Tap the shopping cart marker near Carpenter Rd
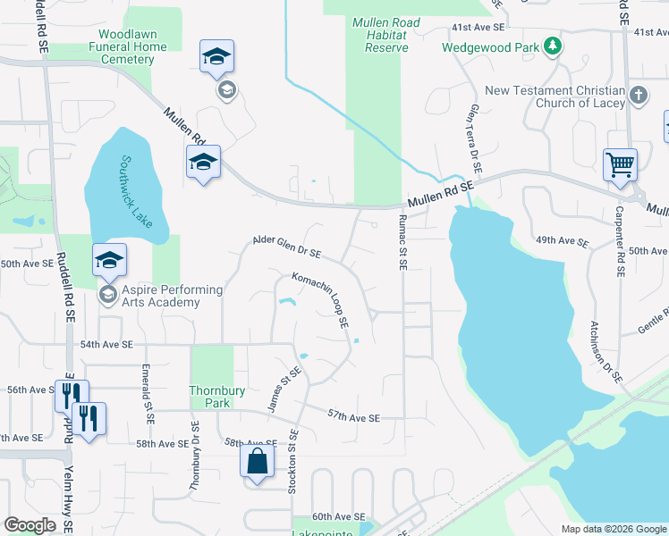tap(620, 165)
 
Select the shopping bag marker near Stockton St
tap(257, 462)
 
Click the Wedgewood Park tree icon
tap(554, 46)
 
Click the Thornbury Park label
tap(210, 397)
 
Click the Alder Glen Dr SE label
tap(287, 246)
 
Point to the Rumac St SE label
tap(403, 242)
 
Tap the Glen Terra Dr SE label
tap(473, 138)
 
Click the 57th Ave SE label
tap(354, 417)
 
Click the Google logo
tap(30, 525)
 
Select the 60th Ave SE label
tap(338, 517)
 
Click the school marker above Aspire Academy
tap(109, 260)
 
